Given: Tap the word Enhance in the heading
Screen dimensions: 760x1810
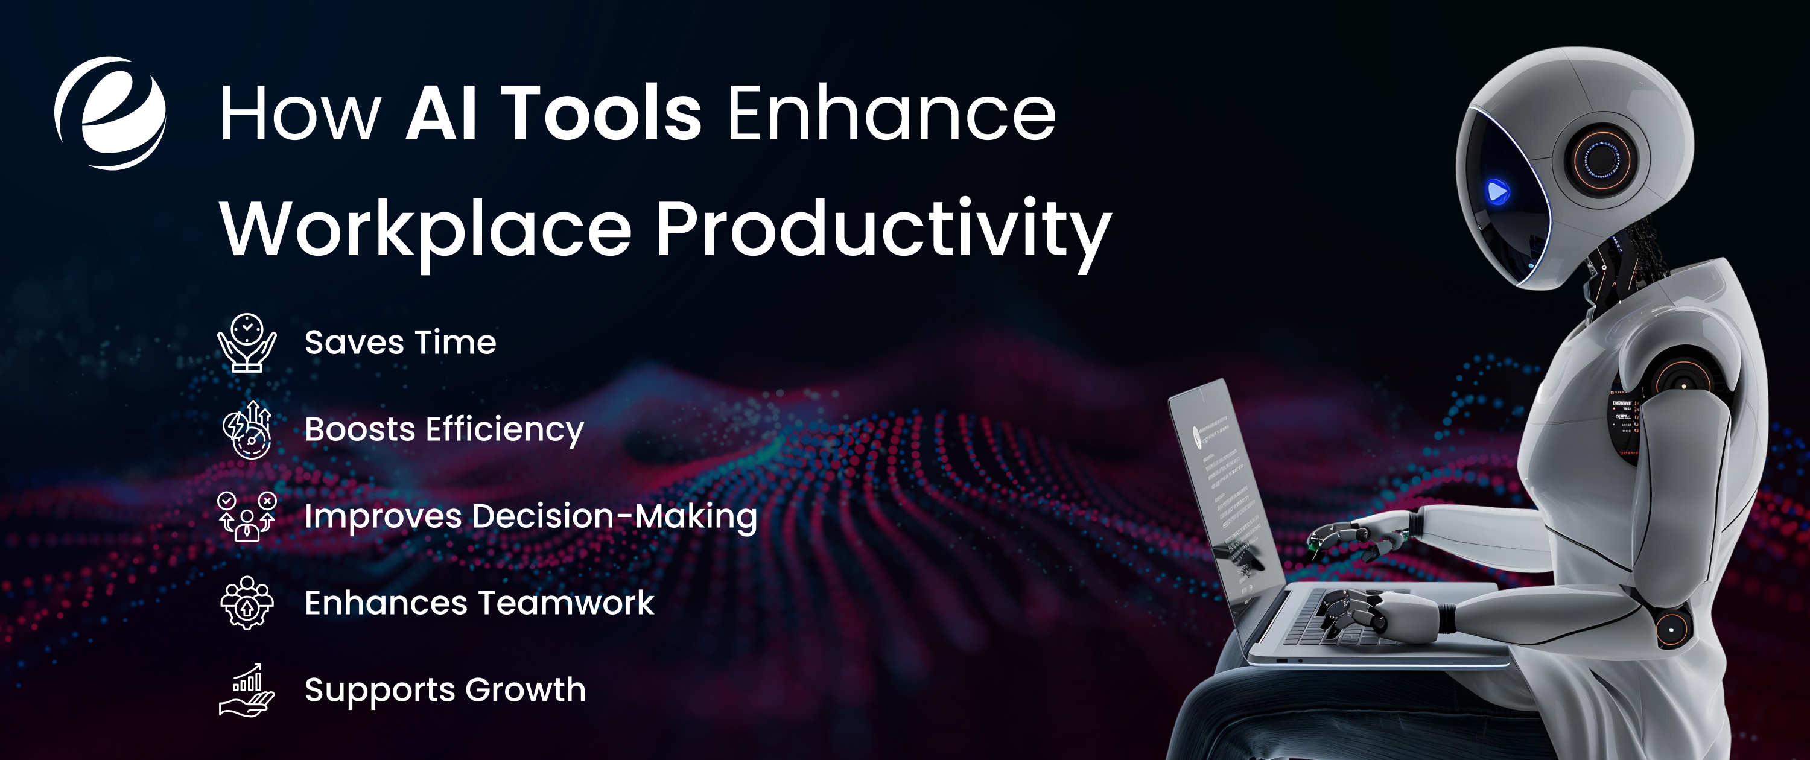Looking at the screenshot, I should click(x=891, y=114).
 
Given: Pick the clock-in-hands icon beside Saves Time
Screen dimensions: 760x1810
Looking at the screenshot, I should click(x=247, y=342).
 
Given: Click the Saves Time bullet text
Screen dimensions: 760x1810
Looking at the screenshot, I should click(x=401, y=343).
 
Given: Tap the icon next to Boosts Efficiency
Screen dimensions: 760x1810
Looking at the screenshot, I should click(x=247, y=429).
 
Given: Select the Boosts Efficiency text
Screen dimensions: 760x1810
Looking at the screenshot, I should click(x=444, y=430).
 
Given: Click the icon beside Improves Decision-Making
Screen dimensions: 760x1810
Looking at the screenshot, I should click(x=247, y=516).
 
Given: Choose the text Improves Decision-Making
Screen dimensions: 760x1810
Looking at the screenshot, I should click(x=530, y=517).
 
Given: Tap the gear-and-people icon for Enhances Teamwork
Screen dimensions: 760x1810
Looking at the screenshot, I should click(x=247, y=603).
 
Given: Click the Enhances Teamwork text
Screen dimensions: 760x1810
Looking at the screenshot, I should click(x=479, y=603).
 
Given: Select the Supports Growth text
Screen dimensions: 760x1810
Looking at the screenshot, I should click(x=445, y=690).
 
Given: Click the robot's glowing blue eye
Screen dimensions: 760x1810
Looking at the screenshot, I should click(x=1497, y=191).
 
